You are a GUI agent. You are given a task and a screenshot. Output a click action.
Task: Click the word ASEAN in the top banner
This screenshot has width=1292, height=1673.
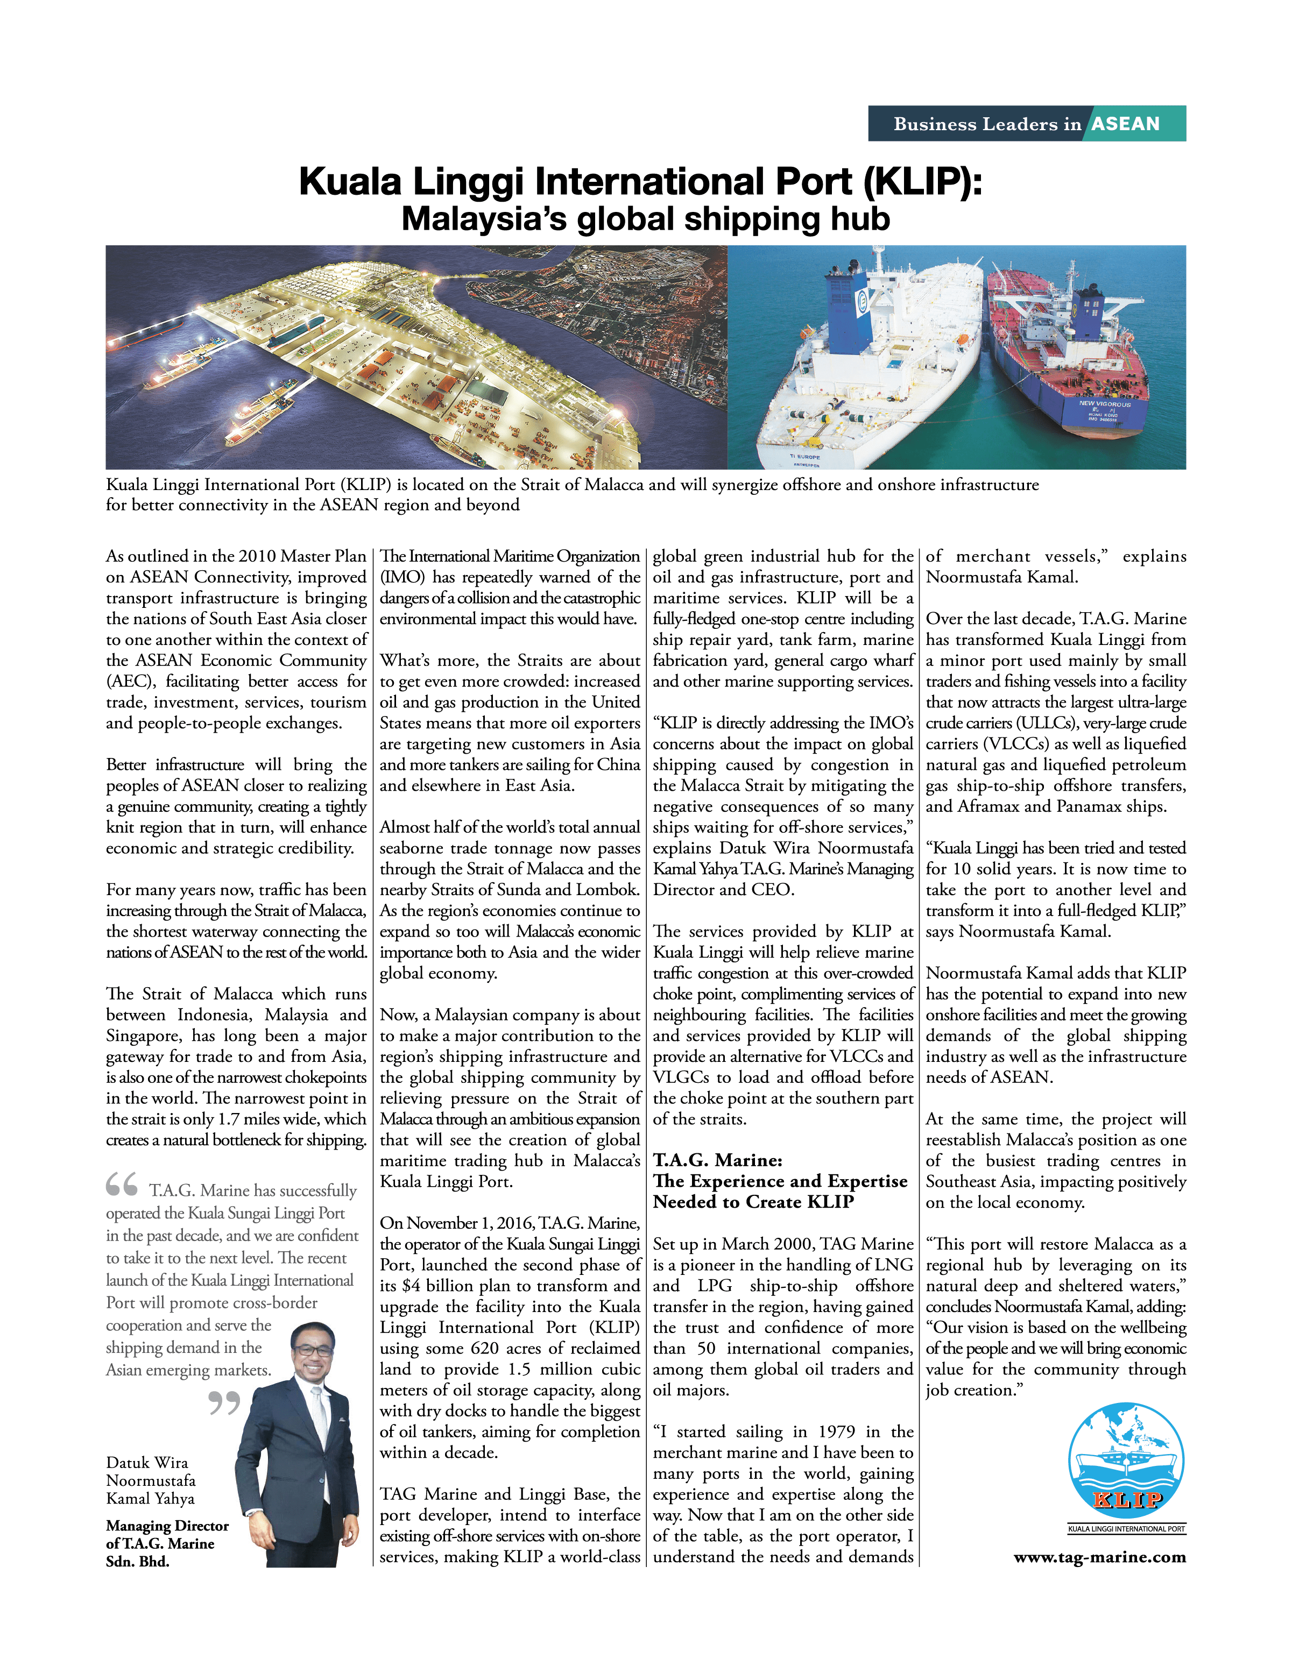[1125, 124]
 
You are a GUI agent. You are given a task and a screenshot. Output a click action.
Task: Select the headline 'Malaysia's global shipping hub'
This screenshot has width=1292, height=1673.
[645, 219]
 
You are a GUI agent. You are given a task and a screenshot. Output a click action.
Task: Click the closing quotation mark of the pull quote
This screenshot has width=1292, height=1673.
[224, 1402]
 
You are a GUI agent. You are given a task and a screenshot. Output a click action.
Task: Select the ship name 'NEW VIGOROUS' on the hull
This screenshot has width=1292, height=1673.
[1104, 403]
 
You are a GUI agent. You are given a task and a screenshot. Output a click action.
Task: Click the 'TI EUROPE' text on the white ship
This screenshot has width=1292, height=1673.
[804, 457]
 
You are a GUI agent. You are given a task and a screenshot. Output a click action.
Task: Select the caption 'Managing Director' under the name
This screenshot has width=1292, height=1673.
[167, 1525]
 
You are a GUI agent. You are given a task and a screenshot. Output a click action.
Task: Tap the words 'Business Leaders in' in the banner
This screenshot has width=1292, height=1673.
[987, 124]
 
